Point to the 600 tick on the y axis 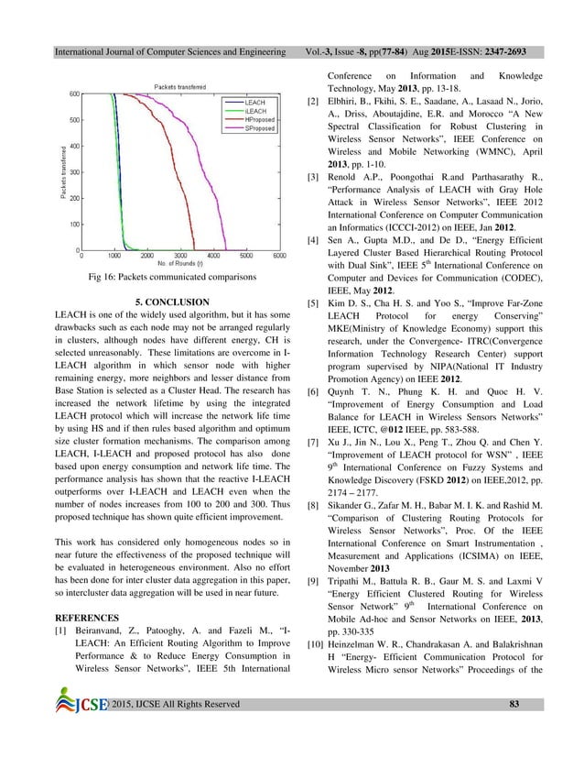74,93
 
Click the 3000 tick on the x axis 180,256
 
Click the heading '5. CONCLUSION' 172,302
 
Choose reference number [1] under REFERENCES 63,632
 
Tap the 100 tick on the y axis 74,224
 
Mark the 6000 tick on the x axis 280,256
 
